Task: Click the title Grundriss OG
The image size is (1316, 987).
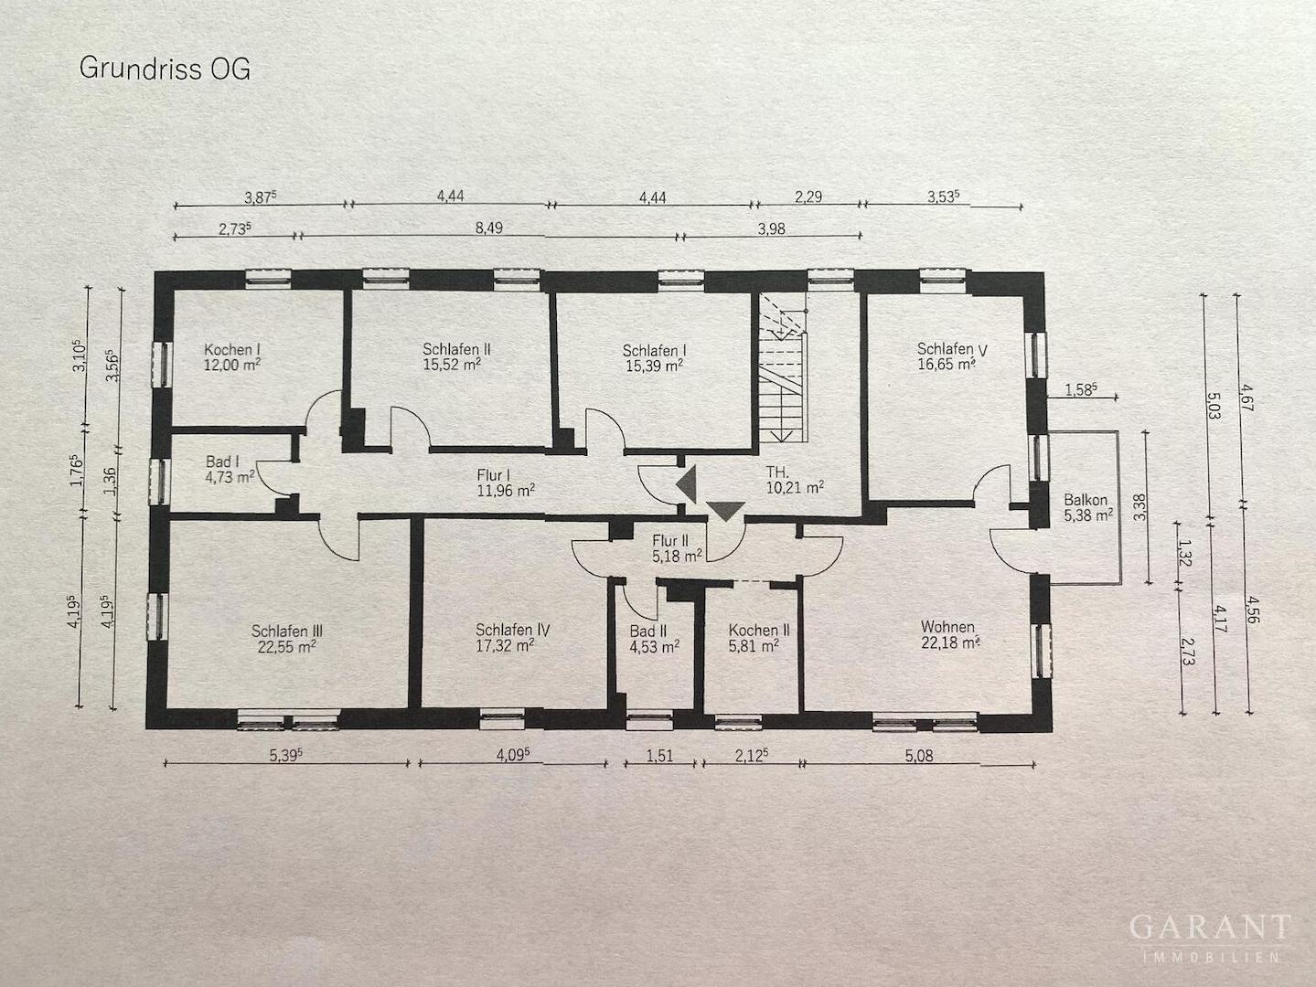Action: click(165, 69)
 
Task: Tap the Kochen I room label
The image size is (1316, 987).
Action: click(232, 349)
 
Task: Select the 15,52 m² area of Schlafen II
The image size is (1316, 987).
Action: click(452, 365)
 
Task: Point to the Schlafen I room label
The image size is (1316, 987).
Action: click(654, 350)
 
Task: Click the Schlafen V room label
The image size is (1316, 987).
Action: click(952, 348)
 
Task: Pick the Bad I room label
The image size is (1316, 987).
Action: click(222, 462)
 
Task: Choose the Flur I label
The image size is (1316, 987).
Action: click(494, 475)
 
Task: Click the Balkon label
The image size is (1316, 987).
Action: click(1086, 499)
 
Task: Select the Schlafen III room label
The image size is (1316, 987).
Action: click(287, 631)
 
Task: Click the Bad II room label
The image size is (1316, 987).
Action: click(648, 631)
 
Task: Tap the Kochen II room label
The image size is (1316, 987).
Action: click(759, 630)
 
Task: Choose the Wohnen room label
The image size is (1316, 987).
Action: click(947, 626)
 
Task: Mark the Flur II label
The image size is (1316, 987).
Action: click(669, 541)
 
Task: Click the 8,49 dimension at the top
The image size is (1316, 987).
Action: click(489, 228)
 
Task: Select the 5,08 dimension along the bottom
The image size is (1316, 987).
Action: click(919, 756)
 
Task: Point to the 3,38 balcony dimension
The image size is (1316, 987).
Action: click(1140, 506)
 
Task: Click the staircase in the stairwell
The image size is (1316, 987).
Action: click(782, 367)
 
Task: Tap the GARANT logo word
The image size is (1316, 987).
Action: click(1210, 928)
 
